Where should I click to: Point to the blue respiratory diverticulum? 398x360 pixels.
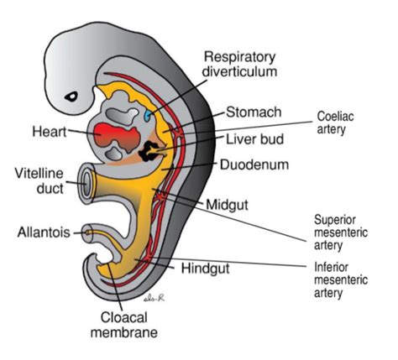tap(149, 112)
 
